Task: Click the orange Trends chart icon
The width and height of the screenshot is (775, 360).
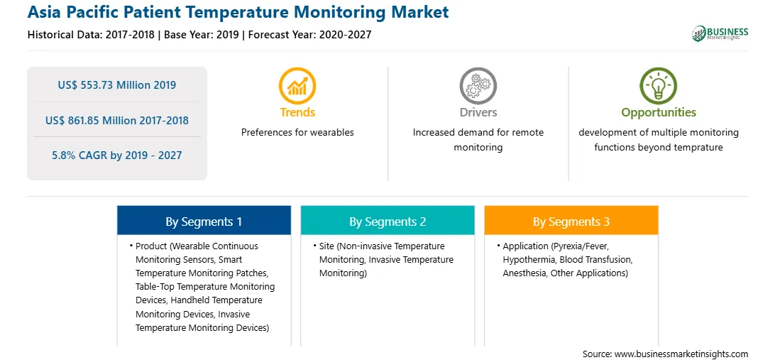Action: (x=297, y=85)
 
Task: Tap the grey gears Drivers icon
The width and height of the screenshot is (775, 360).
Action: (x=478, y=85)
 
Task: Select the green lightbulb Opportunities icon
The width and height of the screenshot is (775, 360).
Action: (x=659, y=85)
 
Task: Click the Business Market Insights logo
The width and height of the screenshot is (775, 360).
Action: (x=720, y=33)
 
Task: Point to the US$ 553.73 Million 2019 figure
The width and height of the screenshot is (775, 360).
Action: (x=117, y=85)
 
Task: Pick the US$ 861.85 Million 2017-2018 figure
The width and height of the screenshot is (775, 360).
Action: (x=117, y=120)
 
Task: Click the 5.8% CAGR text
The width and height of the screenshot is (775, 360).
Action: (x=117, y=156)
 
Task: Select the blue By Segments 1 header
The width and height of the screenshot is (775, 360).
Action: (x=204, y=220)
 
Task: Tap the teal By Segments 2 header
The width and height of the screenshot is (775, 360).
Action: (x=387, y=220)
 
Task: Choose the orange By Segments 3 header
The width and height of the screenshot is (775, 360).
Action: (x=571, y=220)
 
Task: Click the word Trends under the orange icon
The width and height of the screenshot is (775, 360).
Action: (x=297, y=112)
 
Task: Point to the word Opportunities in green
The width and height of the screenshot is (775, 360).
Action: (x=659, y=113)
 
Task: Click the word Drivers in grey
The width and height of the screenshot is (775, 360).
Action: (x=478, y=112)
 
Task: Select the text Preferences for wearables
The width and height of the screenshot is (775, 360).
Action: (x=297, y=133)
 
